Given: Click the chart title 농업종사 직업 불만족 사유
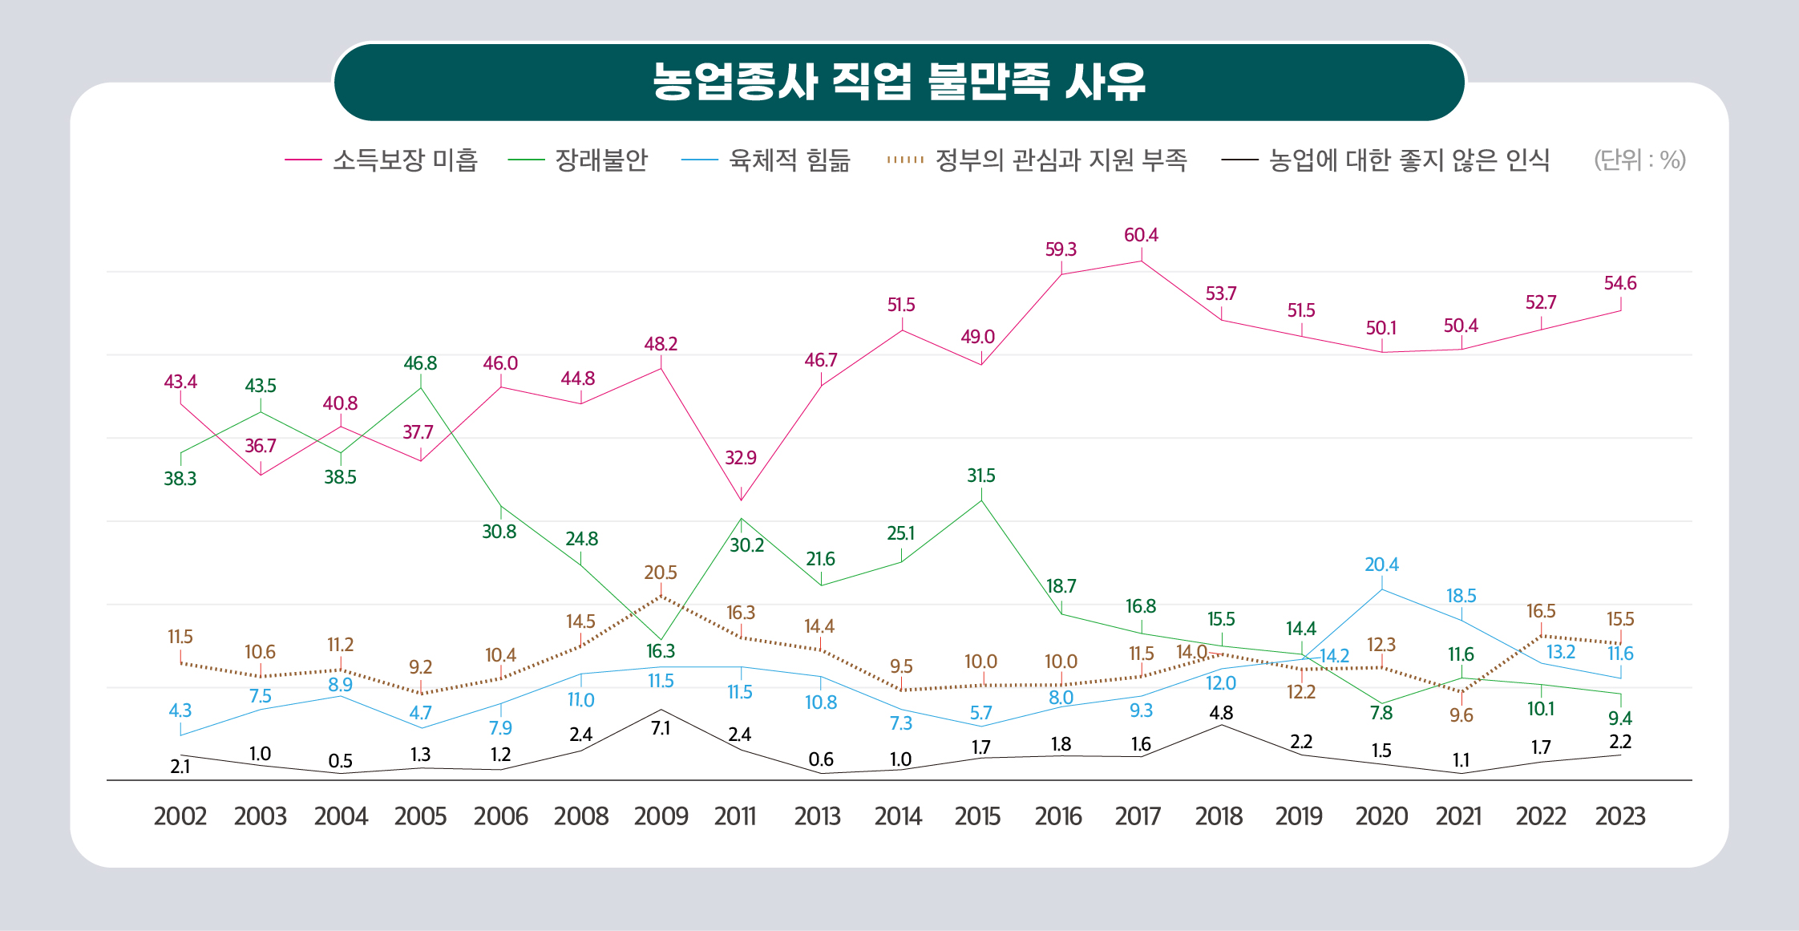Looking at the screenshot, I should pos(899,82).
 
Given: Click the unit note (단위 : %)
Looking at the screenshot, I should pos(1639,160).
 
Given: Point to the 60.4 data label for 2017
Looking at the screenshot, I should pos(1141,235).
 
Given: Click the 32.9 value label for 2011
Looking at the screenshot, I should pos(740,458).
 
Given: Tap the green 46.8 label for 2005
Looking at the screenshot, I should pos(420,363).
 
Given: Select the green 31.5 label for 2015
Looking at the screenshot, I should pos(980,476).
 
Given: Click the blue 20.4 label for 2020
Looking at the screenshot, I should pos(1381,565).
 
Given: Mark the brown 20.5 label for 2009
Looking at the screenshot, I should pos(661,573).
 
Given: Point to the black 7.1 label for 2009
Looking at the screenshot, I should pos(661,728).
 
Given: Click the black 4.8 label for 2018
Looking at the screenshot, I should pos(1221,712).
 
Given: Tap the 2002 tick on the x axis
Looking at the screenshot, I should pos(180,816).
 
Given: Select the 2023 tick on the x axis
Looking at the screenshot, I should pos(1620,816).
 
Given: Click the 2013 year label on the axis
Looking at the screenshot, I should pos(817,816).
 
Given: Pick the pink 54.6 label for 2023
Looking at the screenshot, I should pos(1620,283).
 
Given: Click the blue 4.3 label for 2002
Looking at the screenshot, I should pos(180,710).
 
